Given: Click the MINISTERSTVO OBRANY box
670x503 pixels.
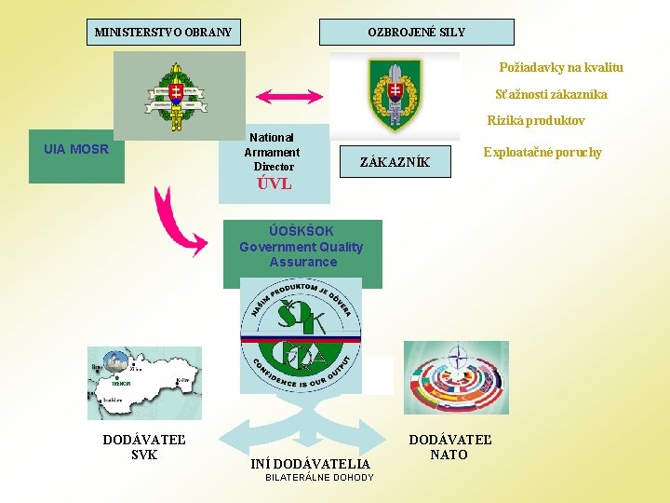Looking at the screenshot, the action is click(x=163, y=33).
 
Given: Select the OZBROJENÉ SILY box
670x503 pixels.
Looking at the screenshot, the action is click(x=416, y=33).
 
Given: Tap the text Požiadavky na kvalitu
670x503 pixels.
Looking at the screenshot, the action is click(x=561, y=68).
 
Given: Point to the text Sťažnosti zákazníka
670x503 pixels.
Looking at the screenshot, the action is click(x=551, y=95).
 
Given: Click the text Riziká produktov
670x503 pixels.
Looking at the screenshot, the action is click(x=536, y=121).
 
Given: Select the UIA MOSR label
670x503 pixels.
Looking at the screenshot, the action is click(x=76, y=149).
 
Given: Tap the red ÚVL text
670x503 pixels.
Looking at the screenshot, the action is click(x=275, y=184).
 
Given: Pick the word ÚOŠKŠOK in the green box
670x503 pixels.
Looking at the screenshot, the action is click(x=301, y=231).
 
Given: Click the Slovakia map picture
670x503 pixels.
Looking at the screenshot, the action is click(x=144, y=383).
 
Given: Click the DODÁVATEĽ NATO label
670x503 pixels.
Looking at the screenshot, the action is click(x=450, y=447).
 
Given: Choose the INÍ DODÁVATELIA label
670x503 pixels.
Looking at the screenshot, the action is click(x=311, y=463).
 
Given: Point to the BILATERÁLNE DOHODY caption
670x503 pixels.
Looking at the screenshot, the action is click(x=319, y=478).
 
